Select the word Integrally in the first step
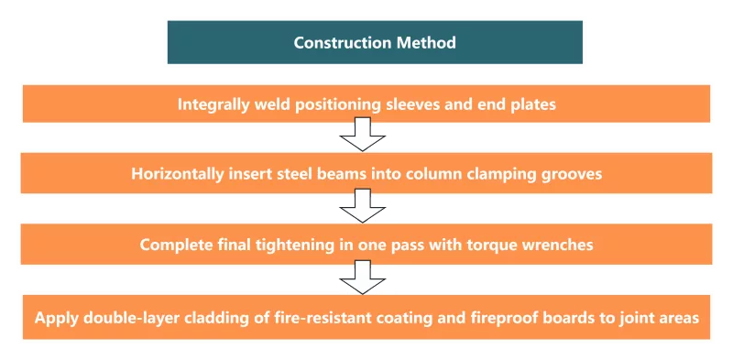213,104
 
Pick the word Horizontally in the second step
177,174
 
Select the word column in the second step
432,174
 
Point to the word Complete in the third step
170,245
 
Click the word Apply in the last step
56,319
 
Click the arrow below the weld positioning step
362,134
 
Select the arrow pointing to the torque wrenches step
362,206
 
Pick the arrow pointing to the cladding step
362,278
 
